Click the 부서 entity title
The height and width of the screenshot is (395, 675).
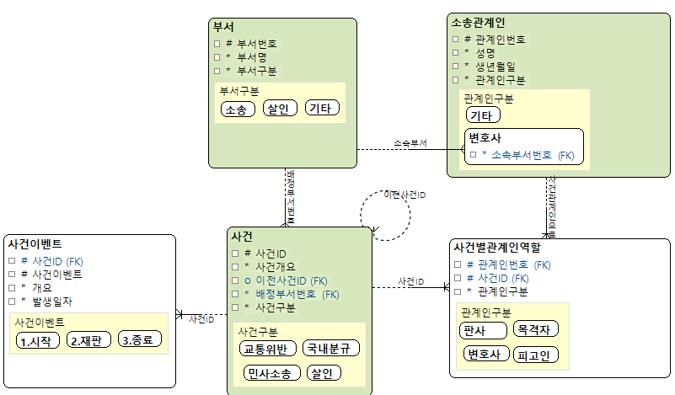click(x=223, y=27)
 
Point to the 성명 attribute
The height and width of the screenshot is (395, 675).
click(x=485, y=52)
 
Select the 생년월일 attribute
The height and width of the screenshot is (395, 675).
click(x=496, y=66)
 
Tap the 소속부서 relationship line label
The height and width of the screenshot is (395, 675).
click(x=410, y=144)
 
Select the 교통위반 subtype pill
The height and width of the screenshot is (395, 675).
click(x=265, y=349)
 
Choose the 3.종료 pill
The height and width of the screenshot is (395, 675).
click(x=139, y=341)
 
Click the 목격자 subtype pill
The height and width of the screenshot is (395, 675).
click(x=537, y=329)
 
